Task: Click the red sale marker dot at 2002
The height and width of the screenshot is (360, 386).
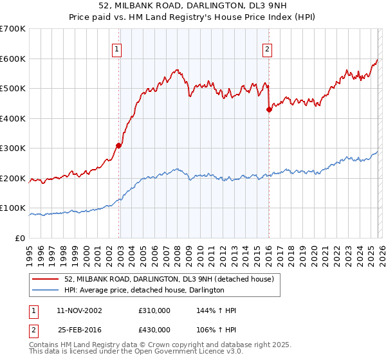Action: [118, 145]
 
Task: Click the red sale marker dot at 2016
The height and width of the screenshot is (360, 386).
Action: [269, 109]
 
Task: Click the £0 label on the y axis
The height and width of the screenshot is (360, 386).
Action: [19, 239]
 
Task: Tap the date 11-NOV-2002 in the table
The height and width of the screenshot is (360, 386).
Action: [79, 310]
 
